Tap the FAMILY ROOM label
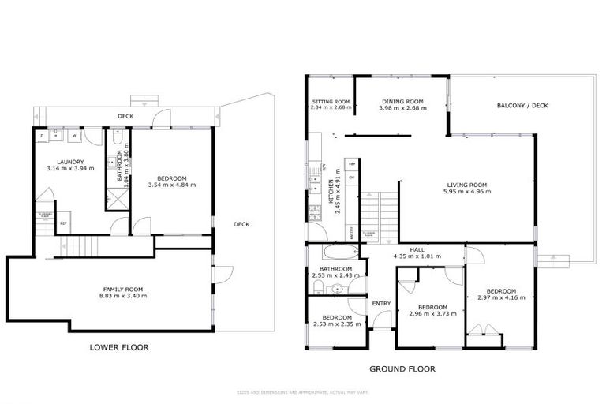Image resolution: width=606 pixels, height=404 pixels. click(x=125, y=289)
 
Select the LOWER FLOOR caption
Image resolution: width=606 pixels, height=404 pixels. click(x=119, y=347)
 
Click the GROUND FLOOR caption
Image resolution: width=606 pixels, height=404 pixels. click(x=402, y=368)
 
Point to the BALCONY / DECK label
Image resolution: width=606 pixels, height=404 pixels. click(x=518, y=107)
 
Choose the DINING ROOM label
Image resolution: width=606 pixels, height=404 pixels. click(x=402, y=102)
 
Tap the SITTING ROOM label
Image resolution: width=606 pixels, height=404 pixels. click(x=330, y=102)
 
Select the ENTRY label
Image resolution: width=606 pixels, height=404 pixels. click(x=381, y=303)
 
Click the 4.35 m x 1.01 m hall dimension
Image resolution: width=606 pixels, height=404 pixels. click(x=417, y=256)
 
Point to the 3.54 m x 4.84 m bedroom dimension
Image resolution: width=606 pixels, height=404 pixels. click(x=171, y=185)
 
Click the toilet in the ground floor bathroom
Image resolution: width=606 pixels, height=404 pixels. click(x=337, y=289)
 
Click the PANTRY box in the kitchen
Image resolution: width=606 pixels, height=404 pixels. click(x=351, y=232)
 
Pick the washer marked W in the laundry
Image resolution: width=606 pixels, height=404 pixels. click(x=75, y=136)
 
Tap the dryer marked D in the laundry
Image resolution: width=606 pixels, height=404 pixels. click(x=43, y=136)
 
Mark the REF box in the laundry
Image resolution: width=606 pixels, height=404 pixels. click(x=64, y=224)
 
